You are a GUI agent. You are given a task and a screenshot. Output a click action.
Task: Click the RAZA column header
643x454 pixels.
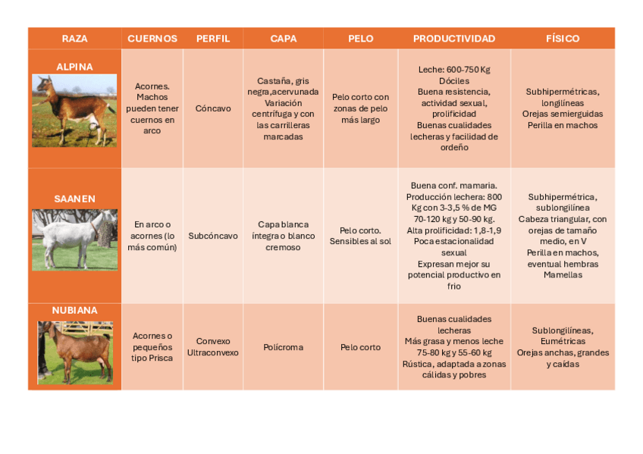74,39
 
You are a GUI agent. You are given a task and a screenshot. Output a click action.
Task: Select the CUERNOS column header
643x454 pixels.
152,39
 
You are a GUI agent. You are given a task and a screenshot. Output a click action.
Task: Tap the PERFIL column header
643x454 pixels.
213,39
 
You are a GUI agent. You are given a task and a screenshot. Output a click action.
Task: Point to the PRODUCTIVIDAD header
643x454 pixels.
454,39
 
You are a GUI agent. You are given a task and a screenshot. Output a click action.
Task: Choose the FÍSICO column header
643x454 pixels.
563,39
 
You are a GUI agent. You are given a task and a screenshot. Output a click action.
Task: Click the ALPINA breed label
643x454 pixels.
74,67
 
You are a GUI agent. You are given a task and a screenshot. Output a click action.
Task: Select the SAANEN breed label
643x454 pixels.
74,199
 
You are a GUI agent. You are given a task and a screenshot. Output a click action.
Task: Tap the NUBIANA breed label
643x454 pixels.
74,310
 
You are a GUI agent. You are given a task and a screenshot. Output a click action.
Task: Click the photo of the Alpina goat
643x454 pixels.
74,110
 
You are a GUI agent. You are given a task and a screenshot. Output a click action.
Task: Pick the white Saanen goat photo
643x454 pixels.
74,240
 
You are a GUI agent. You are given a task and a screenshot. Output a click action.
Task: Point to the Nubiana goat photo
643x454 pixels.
74,352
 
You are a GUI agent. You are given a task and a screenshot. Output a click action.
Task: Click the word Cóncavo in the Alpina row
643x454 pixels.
213,108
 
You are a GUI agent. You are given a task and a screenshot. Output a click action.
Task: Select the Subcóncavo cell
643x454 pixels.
213,236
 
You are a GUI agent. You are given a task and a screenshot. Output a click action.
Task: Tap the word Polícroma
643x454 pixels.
283,347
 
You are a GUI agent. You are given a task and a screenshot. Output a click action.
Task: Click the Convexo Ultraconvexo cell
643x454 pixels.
213,347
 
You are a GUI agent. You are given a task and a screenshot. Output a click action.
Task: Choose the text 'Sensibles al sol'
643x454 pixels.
360,241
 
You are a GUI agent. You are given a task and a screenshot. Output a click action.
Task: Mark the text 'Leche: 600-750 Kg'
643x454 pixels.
454,70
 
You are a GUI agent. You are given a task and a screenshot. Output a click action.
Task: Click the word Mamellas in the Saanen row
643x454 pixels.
563,275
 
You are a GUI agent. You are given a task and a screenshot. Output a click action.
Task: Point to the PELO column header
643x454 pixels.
360,39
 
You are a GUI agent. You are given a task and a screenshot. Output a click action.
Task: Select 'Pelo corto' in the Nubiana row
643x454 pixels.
360,347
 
